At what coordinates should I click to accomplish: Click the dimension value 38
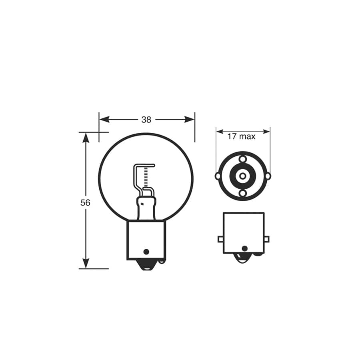146,120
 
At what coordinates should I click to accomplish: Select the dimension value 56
85,203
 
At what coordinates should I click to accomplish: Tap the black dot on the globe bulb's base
146,252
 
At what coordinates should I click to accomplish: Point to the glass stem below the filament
145,208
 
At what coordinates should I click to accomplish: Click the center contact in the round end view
243,176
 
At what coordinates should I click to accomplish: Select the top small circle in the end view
243,159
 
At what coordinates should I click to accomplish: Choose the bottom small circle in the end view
243,193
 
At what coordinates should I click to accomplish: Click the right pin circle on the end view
268,176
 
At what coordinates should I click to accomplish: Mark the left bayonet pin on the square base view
220,239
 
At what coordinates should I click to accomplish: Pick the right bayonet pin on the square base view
266,239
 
